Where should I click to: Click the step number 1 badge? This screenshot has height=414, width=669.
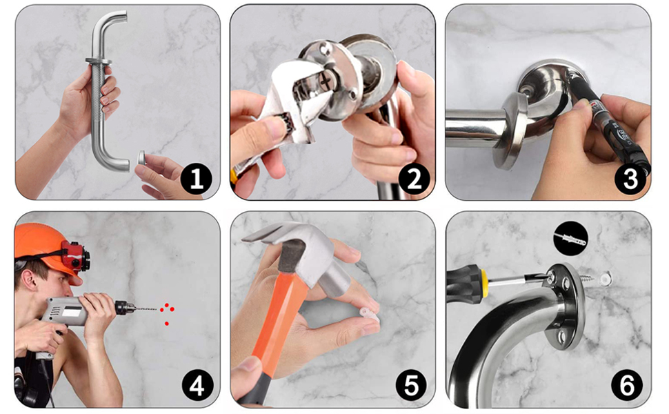point(197,179)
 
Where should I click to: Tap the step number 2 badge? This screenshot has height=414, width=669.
point(414,179)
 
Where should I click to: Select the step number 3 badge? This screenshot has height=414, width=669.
point(630,179)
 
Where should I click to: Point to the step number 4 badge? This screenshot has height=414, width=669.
point(197,386)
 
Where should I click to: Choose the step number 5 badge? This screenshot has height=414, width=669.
point(411,386)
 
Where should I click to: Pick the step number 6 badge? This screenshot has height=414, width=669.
point(627,386)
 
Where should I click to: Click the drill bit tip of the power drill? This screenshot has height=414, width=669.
point(157,308)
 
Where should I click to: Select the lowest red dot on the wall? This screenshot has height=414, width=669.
point(166,324)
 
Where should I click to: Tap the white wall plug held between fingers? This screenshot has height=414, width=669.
point(370,315)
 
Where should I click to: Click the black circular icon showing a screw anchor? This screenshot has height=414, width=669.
point(570,239)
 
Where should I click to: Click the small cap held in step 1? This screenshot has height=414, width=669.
point(141,157)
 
